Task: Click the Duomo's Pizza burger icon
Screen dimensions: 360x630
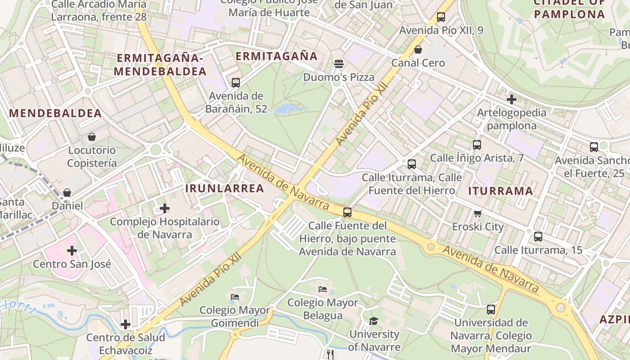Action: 339,63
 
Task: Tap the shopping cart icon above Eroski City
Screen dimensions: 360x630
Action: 477,213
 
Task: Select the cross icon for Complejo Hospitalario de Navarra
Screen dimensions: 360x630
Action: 165,208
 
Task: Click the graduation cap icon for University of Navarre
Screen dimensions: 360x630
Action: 373,321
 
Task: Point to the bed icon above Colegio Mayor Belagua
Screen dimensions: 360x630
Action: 322,289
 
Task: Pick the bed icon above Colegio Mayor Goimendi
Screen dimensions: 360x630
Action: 235,297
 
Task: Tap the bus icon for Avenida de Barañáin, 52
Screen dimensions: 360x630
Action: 235,83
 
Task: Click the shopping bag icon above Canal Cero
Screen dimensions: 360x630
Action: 418,49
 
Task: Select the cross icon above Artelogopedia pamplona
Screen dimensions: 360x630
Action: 511,99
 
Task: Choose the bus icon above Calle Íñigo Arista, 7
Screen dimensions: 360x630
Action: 477,145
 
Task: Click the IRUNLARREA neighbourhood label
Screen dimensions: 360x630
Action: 225,189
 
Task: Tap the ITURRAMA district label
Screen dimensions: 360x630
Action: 500,191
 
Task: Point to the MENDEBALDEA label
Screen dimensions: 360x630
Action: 55,113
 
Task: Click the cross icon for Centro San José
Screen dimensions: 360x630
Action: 72,250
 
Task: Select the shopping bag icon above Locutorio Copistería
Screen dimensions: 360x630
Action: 92,136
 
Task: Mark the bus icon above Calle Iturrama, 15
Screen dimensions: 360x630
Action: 538,236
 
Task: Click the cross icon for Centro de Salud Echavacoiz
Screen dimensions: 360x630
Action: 126,324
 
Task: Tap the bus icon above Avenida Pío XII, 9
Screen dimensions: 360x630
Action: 441,17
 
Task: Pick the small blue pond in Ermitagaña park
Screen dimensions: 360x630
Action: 285,108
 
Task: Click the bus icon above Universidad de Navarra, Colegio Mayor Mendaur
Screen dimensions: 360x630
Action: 491,310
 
